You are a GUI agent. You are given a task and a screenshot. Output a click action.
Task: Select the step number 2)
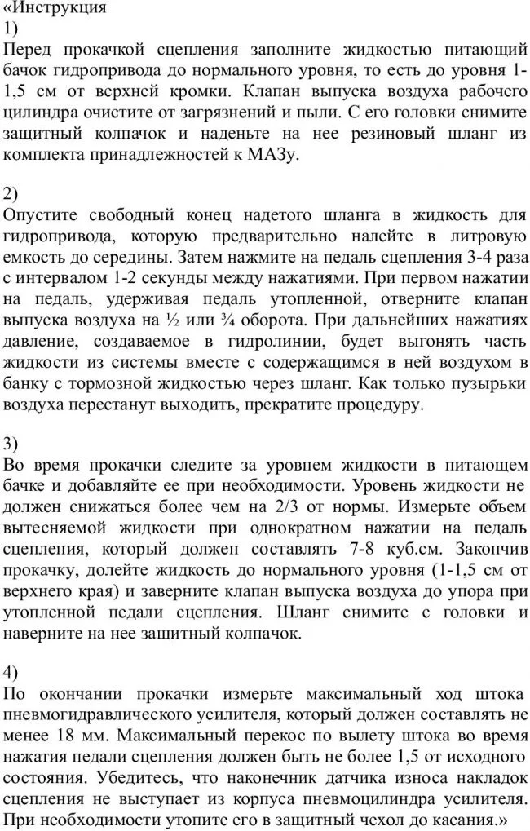click(x=11, y=194)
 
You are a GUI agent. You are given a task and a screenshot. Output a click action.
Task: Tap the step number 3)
click(x=11, y=444)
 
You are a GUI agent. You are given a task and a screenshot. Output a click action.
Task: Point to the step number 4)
click(x=11, y=673)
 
